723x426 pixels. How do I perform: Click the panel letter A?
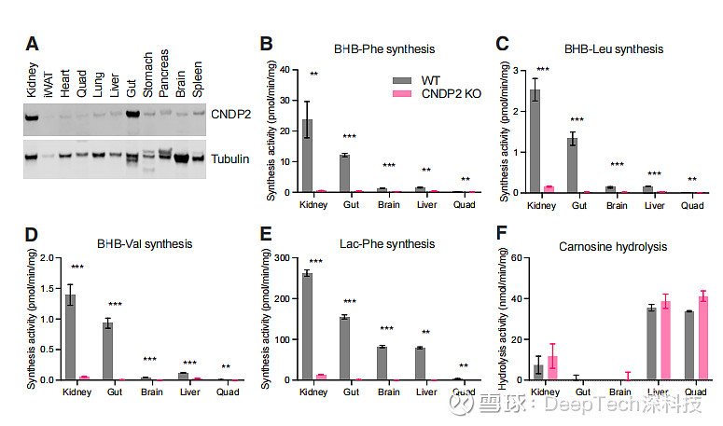click(x=32, y=44)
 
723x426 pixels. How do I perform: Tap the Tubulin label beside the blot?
click(x=230, y=159)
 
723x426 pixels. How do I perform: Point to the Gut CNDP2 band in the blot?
click(x=132, y=116)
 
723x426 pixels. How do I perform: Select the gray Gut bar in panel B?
click(x=344, y=173)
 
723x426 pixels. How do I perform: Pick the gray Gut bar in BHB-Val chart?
click(x=108, y=351)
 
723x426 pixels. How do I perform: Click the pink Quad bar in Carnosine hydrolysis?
click(x=703, y=338)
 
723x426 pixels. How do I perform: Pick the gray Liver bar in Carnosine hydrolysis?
click(x=652, y=344)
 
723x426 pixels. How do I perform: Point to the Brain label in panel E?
click(x=387, y=392)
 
